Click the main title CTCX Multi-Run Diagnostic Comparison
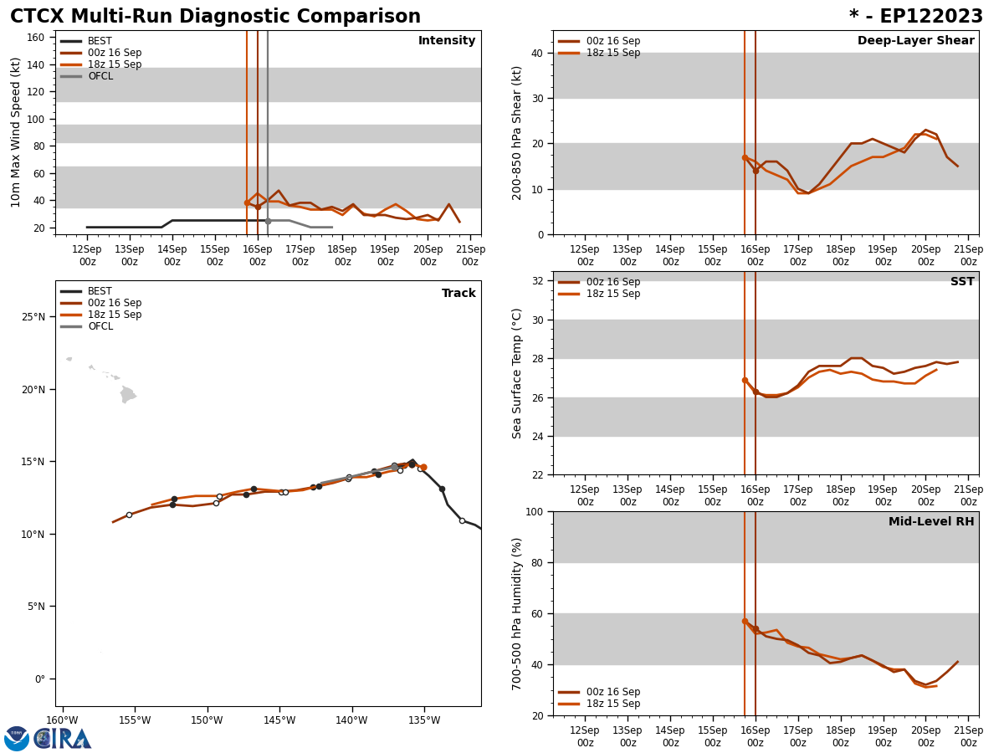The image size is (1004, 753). click(215, 17)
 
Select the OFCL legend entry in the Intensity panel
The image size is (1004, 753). click(100, 76)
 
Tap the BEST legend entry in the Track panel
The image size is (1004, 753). click(100, 291)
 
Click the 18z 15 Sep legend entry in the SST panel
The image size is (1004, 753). click(612, 294)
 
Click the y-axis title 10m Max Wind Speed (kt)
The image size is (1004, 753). click(16, 132)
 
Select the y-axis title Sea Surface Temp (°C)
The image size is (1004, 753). click(517, 373)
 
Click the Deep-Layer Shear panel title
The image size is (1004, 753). click(915, 41)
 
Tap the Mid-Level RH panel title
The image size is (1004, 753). click(930, 522)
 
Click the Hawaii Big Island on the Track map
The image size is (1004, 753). click(127, 394)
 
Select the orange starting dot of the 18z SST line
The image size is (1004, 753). click(745, 380)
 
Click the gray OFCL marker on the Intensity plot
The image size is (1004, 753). click(268, 221)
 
